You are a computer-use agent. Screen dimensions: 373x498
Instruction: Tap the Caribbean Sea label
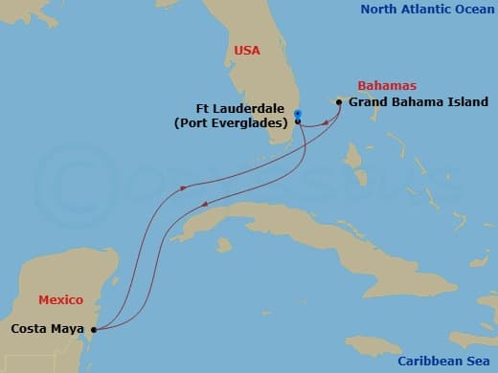point(448,362)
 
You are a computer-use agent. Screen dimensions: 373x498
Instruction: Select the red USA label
point(248,50)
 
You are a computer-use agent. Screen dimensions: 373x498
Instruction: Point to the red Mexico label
point(62,300)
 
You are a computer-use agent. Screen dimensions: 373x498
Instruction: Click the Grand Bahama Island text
point(419,102)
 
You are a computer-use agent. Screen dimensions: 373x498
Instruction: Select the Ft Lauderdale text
point(241,108)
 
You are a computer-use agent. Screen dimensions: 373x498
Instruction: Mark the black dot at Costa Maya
point(93,330)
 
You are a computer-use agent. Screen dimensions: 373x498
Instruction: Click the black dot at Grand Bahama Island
point(339,101)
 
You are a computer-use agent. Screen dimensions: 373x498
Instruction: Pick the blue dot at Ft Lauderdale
point(298,114)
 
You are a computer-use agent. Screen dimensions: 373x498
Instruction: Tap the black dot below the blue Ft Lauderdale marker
point(298,121)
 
